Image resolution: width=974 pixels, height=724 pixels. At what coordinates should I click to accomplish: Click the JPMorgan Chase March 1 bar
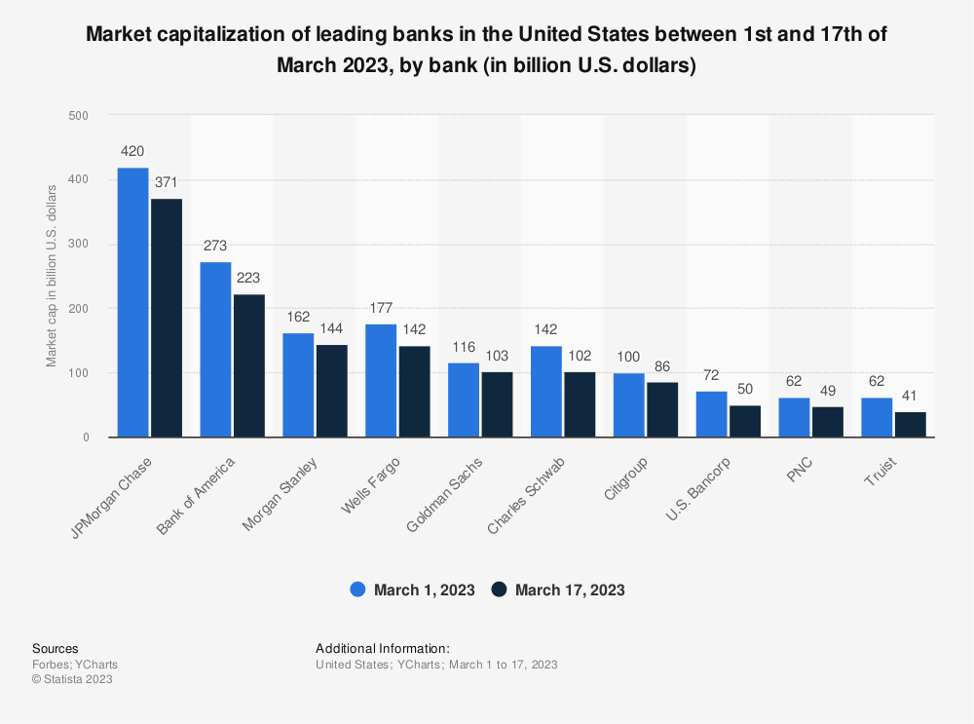132,302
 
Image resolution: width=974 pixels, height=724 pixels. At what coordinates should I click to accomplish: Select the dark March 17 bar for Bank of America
248,365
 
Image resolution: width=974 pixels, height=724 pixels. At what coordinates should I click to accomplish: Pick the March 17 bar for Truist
911,425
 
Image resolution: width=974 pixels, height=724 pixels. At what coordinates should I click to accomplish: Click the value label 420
132,152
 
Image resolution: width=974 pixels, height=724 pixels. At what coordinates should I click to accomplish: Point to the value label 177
381,309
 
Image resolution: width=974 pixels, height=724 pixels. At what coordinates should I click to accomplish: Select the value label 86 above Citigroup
662,366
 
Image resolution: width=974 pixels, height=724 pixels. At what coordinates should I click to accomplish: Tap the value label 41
911,396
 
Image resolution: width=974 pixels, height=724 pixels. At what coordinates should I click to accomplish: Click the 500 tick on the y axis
79,115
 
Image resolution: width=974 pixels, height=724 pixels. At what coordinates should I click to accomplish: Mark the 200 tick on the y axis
79,309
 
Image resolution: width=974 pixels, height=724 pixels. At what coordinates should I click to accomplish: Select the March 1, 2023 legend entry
413,590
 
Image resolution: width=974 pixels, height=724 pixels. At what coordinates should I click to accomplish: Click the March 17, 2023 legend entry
558,590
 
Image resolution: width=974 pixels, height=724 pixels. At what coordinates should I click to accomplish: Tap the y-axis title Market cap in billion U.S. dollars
52,276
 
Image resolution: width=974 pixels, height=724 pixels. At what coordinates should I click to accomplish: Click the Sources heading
56,648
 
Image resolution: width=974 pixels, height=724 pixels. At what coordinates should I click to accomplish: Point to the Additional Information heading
383,648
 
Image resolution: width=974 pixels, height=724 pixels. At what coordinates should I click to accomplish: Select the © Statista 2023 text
72,679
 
